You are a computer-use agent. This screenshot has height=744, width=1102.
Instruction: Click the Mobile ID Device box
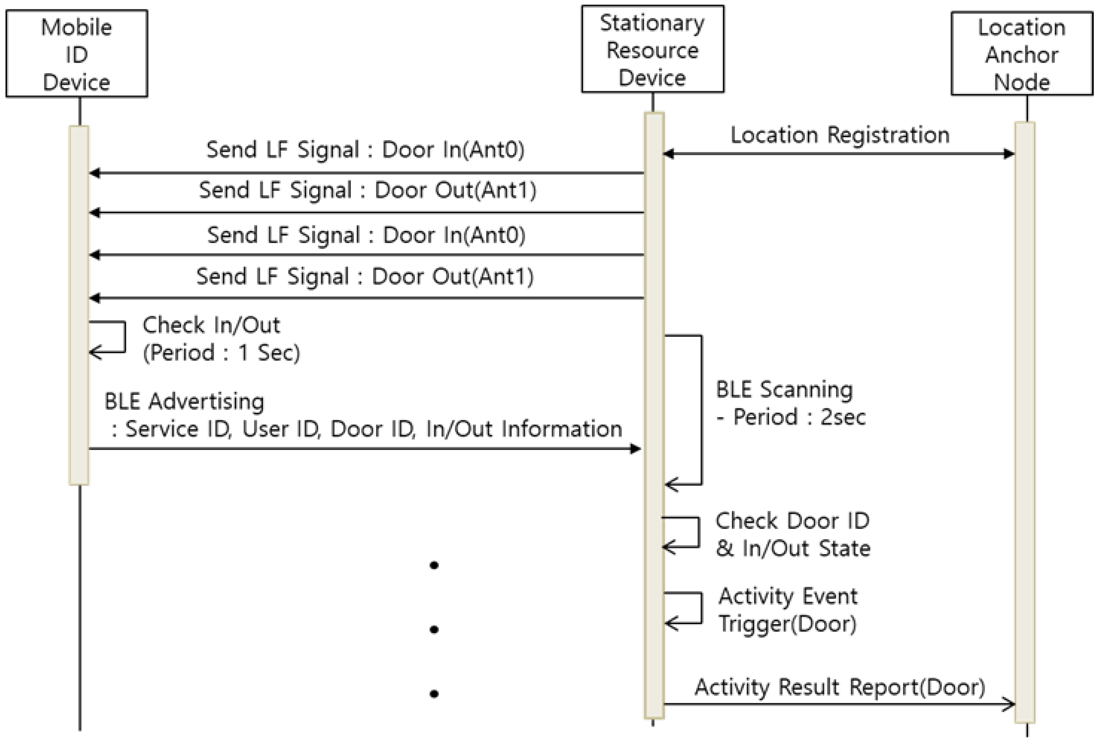[77, 54]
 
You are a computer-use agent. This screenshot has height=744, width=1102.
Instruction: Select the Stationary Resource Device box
[652, 49]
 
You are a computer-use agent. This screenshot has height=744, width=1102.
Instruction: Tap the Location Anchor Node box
[1021, 54]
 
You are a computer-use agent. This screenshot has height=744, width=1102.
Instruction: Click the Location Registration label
[839, 135]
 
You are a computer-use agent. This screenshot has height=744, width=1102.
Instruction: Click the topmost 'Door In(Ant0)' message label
[365, 150]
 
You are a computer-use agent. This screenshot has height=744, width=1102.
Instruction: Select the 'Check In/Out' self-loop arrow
[114, 337]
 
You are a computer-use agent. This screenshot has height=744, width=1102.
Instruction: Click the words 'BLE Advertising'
[184, 402]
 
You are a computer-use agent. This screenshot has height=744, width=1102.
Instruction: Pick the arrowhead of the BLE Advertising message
[636, 449]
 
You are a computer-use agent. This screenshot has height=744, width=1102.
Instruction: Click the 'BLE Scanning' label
[784, 390]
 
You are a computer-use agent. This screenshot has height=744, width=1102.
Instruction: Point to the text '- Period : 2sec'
[790, 417]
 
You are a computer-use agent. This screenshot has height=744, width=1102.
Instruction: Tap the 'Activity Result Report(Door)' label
[839, 687]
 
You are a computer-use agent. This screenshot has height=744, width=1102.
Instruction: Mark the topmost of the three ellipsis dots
[434, 565]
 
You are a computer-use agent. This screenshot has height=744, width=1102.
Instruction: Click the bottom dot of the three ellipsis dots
[434, 694]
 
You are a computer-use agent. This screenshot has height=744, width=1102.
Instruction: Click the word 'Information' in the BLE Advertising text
[562, 429]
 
